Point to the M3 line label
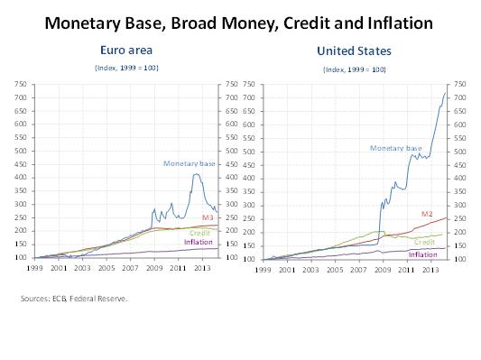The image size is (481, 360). coord(207,218)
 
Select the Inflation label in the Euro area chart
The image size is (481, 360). coord(199,242)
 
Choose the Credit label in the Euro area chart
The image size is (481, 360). coord(199,233)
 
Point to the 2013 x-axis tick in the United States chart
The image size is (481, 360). coord(430,269)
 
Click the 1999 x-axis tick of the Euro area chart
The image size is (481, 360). coord(34,269)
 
